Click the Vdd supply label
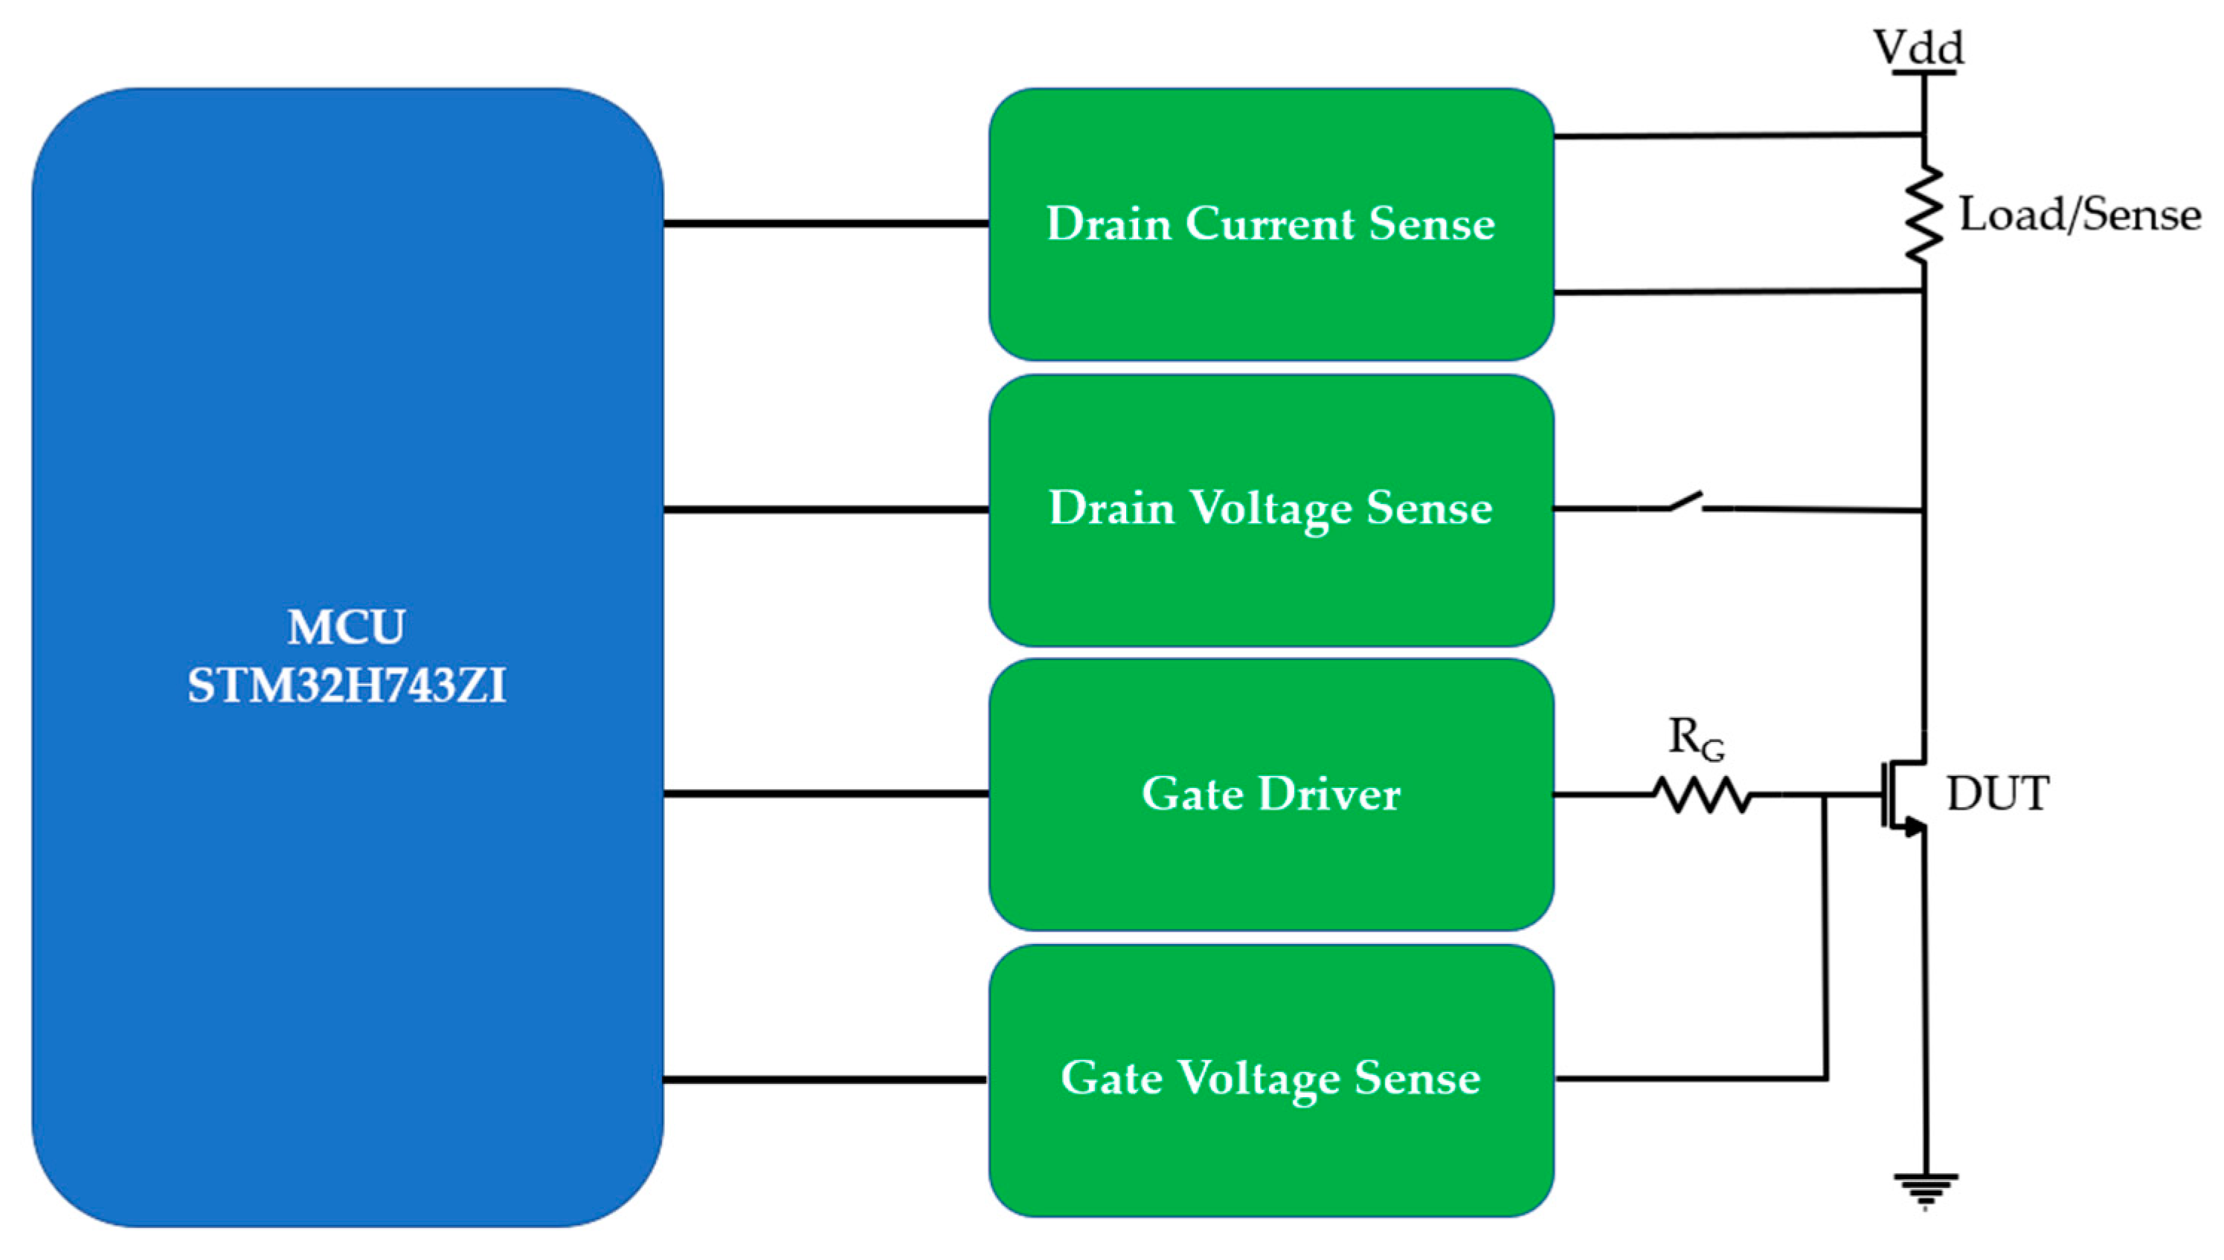(x=1918, y=47)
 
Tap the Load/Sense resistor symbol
(x=1923, y=214)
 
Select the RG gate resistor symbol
(x=1701, y=795)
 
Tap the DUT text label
(x=1997, y=794)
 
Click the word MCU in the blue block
(x=347, y=627)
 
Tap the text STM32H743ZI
(x=347, y=686)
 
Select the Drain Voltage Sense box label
(x=1270, y=508)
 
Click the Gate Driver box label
(x=1270, y=794)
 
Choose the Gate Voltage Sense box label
(x=1270, y=1079)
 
